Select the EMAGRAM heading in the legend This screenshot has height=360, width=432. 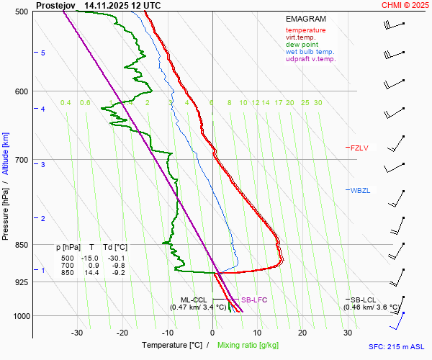(305, 19)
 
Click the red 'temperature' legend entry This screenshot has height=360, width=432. (305, 30)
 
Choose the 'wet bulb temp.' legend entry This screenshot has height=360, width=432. (310, 52)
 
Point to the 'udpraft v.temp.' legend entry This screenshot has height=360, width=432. (310, 59)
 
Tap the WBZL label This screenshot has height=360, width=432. (360, 191)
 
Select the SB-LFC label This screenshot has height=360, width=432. (254, 300)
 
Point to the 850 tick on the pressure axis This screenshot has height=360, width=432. (20, 245)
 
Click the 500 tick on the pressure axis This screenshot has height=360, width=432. (20, 12)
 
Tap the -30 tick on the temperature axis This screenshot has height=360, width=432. (77, 333)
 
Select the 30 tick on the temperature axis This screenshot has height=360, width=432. (348, 333)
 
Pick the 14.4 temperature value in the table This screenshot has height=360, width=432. (93, 273)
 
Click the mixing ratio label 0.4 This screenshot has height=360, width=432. (66, 103)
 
